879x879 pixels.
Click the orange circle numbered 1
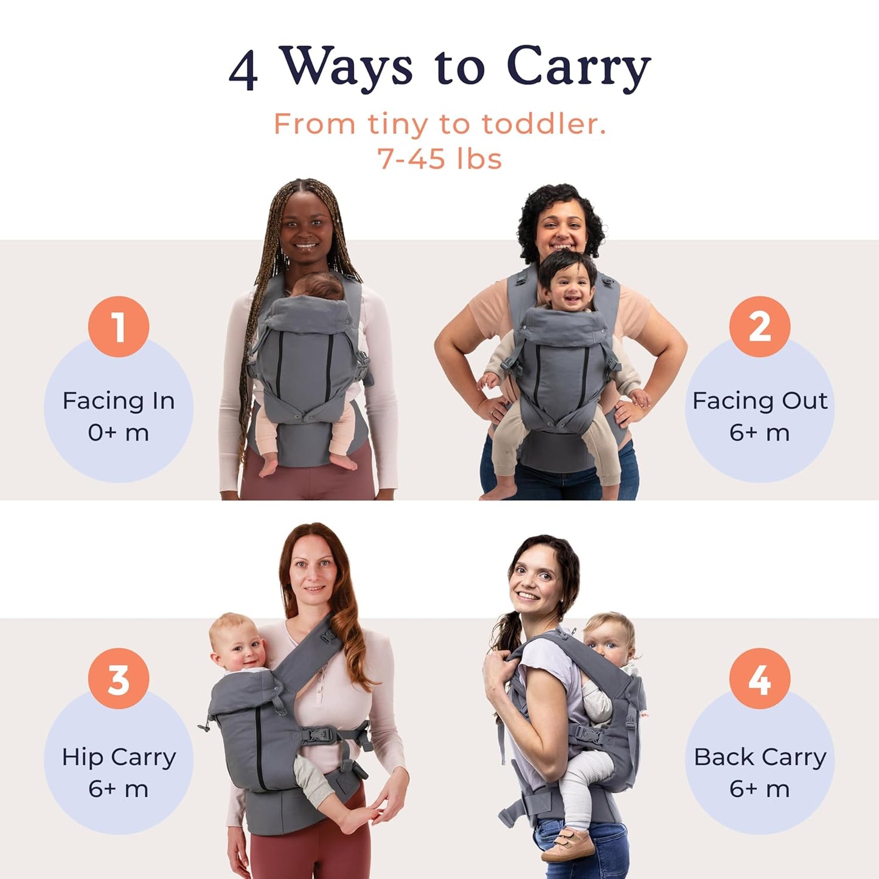point(119,327)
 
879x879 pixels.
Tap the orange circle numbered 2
point(760,327)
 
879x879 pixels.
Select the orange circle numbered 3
point(119,678)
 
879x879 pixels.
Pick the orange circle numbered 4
point(760,678)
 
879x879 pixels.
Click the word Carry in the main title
point(578,68)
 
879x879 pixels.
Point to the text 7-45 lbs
point(439,159)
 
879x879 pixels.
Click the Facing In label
point(119,401)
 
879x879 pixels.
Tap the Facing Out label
point(760,401)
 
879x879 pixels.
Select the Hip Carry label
point(119,757)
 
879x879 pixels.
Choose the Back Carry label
point(760,757)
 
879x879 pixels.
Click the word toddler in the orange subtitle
point(544,124)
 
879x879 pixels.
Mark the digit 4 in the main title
point(243,71)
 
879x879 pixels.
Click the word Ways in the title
point(346,68)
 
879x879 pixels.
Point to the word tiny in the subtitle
point(398,125)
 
